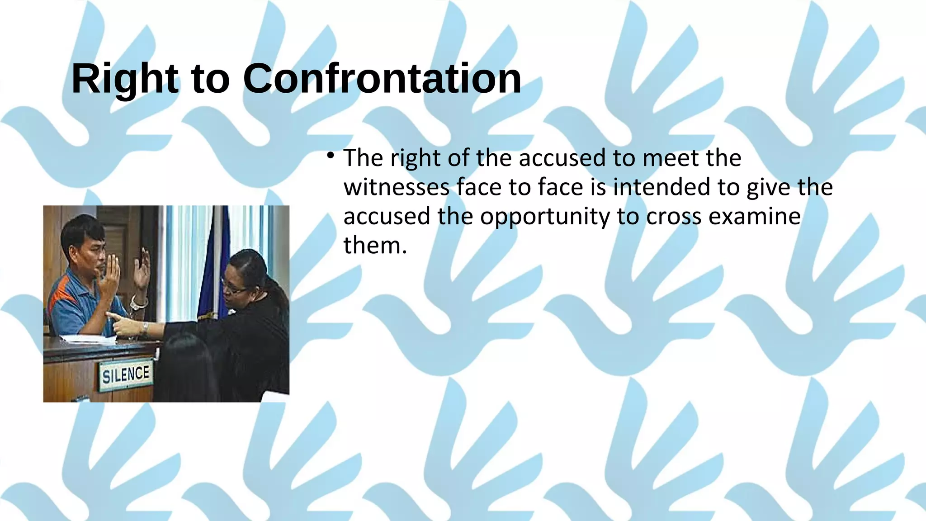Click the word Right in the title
click(125, 79)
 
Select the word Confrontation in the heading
click(382, 79)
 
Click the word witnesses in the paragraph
click(396, 187)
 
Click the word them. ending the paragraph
click(375, 246)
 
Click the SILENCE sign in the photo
click(125, 374)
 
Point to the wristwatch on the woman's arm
click(145, 328)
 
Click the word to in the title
click(210, 79)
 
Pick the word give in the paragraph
click(768, 187)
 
